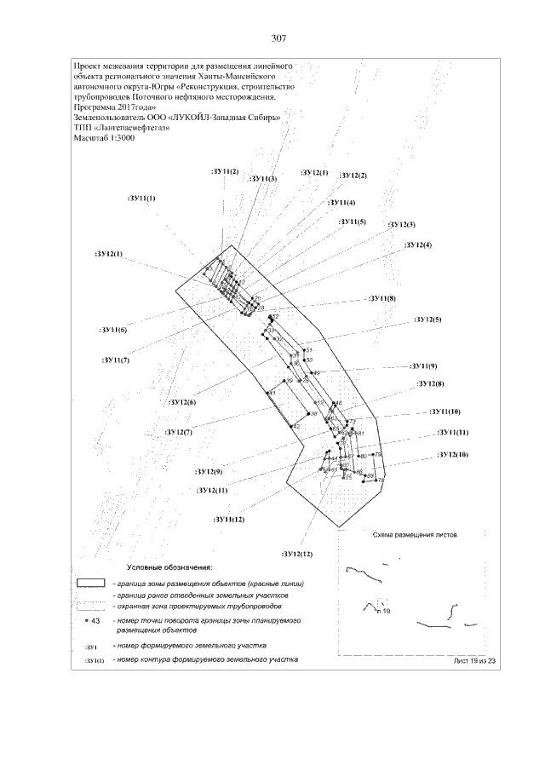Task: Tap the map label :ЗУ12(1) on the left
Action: [x=108, y=254]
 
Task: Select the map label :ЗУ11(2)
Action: [x=225, y=172]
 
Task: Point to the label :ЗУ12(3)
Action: [x=401, y=224]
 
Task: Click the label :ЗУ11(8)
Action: [x=381, y=298]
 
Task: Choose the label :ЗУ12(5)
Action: [x=427, y=319]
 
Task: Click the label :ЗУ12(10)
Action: [x=452, y=454]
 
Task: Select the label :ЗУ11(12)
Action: [x=230, y=519]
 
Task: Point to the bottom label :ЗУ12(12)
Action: [x=297, y=554]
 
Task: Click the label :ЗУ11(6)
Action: [x=113, y=329]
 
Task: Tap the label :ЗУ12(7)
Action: [x=179, y=432]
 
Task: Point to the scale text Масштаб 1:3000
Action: [x=105, y=138]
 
